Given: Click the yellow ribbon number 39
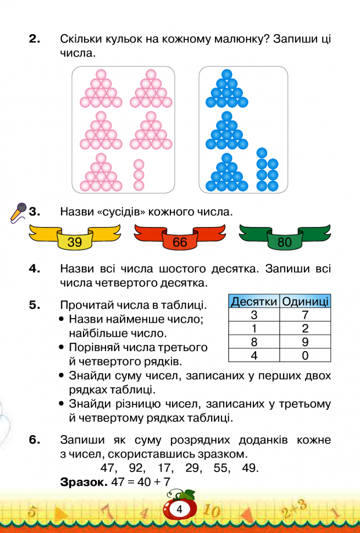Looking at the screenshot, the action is pos(74,242).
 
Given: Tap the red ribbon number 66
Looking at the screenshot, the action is pos(180,242).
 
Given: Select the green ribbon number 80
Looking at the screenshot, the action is pos(285,242).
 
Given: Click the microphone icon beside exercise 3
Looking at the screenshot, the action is pos(18,213).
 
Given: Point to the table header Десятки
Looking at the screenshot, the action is pos(254,301).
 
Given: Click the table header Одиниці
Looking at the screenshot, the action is pos(305,301).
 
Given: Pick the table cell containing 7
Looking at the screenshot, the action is pos(305,315).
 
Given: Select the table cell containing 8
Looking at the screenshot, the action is pos(254,342).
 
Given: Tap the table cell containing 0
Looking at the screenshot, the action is pos(305,355).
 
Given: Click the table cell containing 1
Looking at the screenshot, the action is pos(254,329).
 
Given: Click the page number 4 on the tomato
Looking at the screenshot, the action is pos(180,509).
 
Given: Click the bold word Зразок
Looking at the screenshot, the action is pos(84,482).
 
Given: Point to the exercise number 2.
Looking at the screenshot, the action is pos(35,39).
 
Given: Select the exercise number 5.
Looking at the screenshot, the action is pos(35,305).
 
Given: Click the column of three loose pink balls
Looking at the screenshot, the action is pos(139,175).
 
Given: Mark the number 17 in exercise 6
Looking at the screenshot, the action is pos(164,468).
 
